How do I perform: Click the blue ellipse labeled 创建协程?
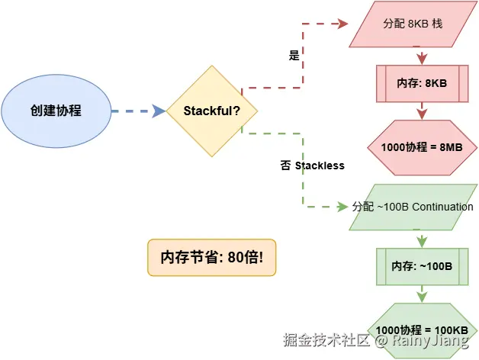pyautogui.click(x=56, y=111)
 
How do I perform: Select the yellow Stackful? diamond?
pyautogui.click(x=212, y=111)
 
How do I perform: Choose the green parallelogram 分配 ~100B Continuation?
pyautogui.click(x=413, y=207)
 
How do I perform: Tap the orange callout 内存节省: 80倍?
pyautogui.click(x=211, y=258)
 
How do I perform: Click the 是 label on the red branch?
pyautogui.click(x=294, y=56)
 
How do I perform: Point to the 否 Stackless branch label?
pyautogui.click(x=311, y=166)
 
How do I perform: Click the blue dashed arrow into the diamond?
pyautogui.click(x=138, y=111)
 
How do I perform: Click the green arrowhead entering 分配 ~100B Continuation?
pyautogui.click(x=342, y=207)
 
